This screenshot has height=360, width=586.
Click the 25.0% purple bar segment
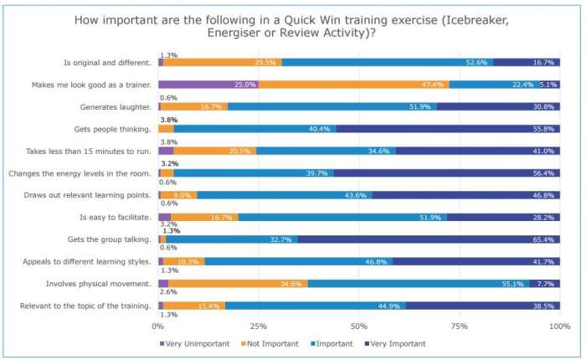tap(208, 85)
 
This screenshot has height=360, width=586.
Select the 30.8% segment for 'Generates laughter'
tap(498, 106)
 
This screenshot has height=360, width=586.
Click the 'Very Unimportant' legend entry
tap(189, 344)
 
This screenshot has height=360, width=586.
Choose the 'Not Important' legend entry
tap(271, 344)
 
